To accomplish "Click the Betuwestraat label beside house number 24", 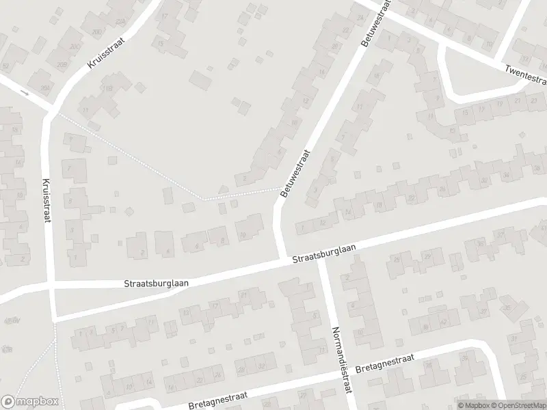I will [x=375, y=23].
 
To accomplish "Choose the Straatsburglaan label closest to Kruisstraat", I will [x=157, y=281].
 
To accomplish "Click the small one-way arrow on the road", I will [x=25, y=92].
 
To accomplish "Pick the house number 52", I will [x=7, y=66].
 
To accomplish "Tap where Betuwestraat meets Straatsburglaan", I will [x=282, y=260].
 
